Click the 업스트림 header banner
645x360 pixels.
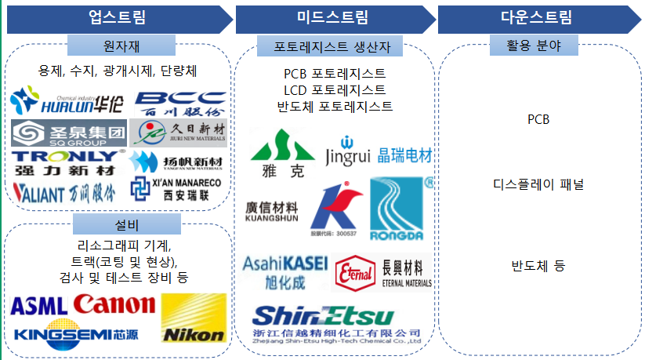(x=118, y=17)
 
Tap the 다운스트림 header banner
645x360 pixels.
(x=537, y=17)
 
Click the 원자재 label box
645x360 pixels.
(x=118, y=45)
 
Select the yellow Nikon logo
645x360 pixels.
(x=193, y=318)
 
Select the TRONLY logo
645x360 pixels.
(x=67, y=162)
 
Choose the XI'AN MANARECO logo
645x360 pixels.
(x=177, y=187)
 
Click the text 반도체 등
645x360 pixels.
(x=538, y=265)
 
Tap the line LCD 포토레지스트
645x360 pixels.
(x=335, y=89)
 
